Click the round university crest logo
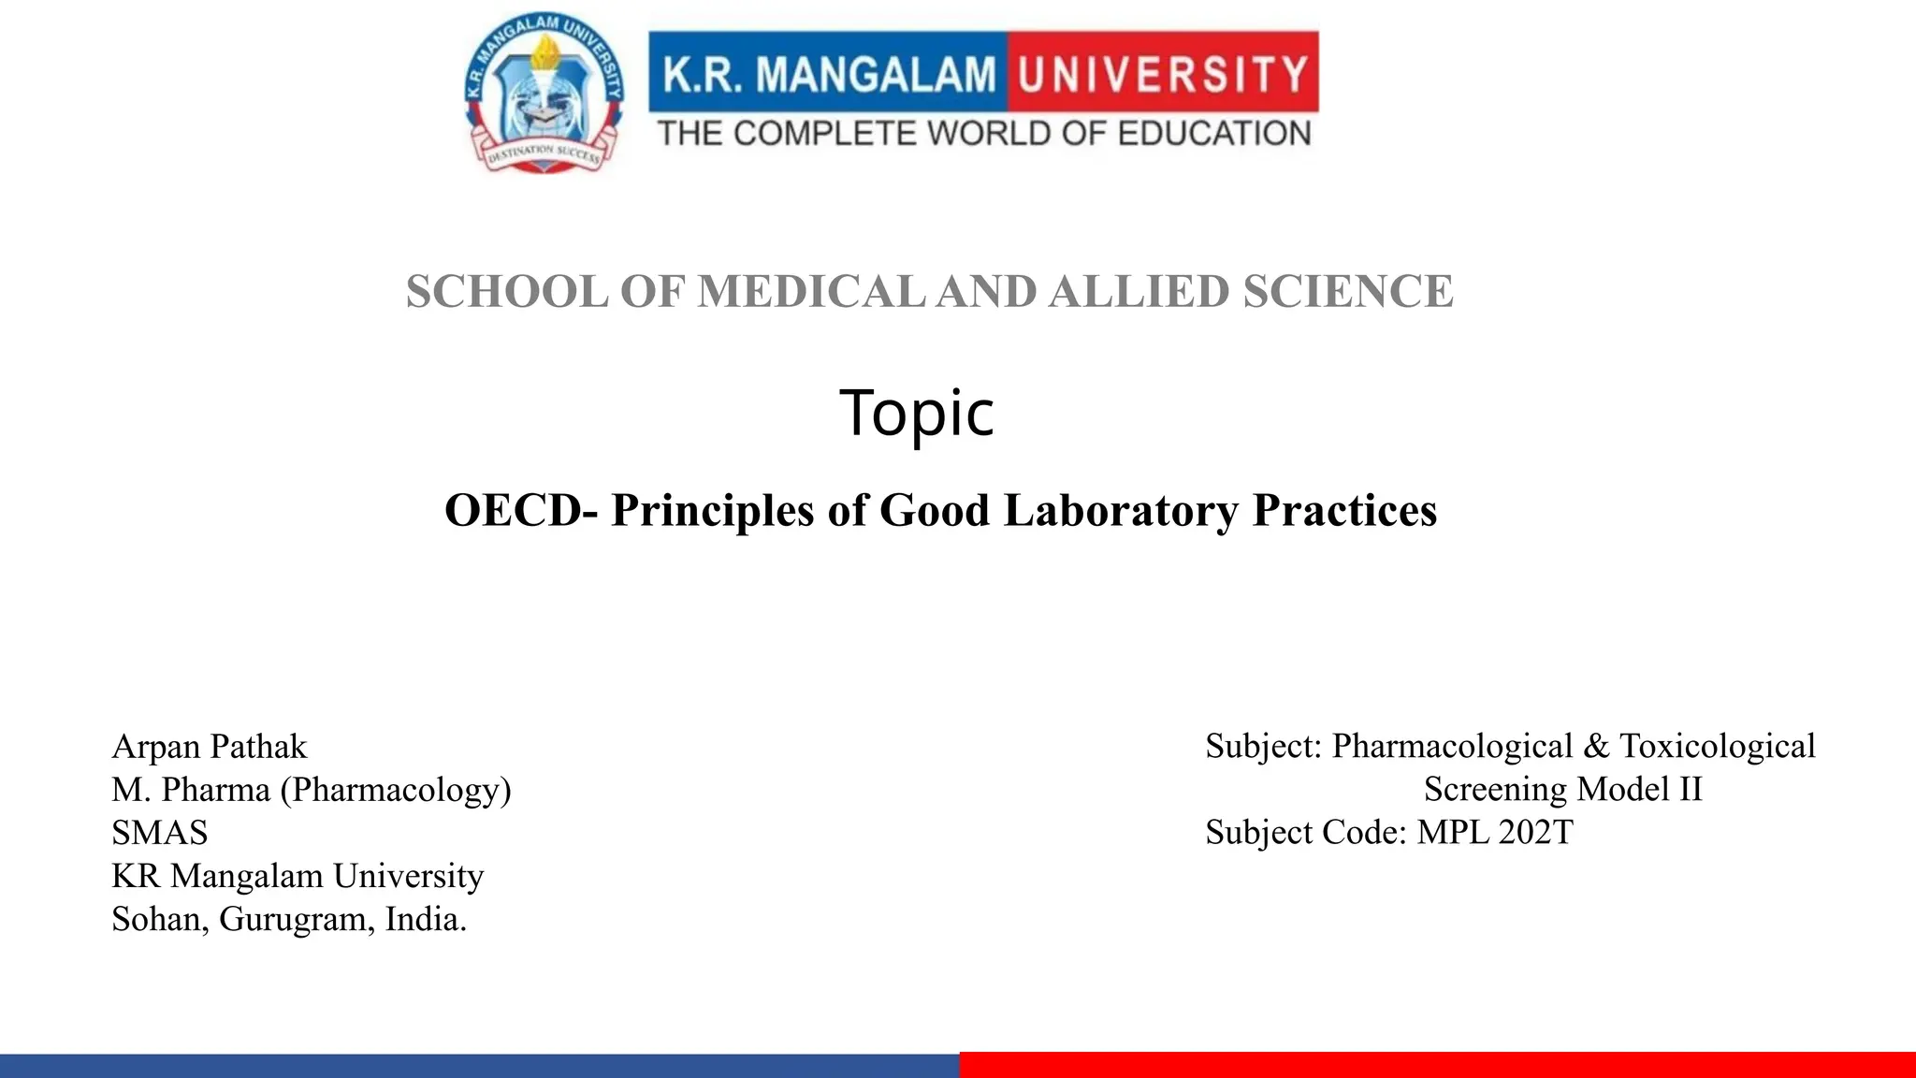tap(544, 95)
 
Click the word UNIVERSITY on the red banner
tap(1163, 74)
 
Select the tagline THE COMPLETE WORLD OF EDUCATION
tap(984, 134)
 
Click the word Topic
tap(917, 413)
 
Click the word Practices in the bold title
tap(1344, 511)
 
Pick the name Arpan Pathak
tap(210, 747)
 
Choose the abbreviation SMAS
tap(160, 833)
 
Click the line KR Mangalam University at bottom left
tap(298, 876)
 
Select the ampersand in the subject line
tap(1596, 747)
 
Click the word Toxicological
tap(1718, 747)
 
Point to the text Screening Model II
tap(1562, 790)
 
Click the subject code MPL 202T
tap(1495, 833)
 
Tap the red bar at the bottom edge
tap(1437, 1065)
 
